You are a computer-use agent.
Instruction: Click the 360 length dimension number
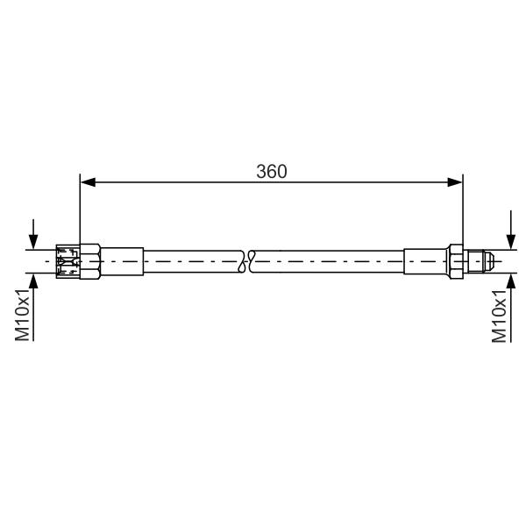click(272, 172)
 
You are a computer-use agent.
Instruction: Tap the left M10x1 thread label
click(23, 315)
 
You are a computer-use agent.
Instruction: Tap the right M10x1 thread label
click(499, 316)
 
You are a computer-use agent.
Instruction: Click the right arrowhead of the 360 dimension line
click(455, 182)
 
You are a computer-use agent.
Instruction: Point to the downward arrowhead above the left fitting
click(33, 242)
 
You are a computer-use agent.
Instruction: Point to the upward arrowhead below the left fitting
click(33, 281)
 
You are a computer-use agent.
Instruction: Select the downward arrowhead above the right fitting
click(511, 242)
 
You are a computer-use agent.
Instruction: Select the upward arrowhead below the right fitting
click(511, 281)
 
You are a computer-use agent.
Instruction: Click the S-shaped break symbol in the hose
click(246, 261)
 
